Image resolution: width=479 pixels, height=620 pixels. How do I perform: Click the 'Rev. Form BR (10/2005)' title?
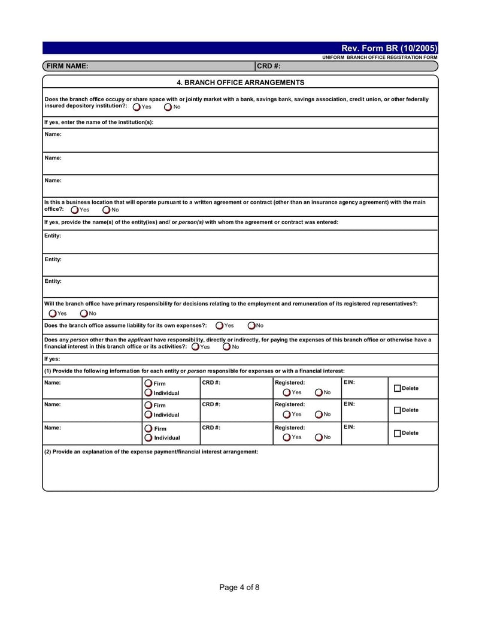389,48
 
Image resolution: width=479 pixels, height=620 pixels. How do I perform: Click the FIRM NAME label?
67,66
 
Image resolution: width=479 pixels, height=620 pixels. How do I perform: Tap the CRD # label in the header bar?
269,66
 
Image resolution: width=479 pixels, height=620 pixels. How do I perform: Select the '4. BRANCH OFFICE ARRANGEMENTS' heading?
240,83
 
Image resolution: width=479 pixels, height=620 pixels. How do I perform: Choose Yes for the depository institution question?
137,107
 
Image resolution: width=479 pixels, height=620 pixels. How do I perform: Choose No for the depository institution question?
168,107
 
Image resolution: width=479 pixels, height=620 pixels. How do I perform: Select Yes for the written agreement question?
75,210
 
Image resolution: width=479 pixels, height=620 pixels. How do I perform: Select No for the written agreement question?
107,210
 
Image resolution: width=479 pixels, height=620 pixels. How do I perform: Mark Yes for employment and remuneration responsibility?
53,313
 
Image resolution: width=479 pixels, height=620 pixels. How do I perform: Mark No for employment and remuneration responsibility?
84,313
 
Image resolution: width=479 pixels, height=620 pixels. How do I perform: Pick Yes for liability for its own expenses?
220,326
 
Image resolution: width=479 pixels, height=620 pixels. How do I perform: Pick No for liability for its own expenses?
251,326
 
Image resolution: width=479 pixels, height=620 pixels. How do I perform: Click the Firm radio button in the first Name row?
148,383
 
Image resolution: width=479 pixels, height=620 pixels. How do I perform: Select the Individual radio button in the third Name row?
148,438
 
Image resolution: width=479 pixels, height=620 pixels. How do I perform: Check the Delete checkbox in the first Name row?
398,389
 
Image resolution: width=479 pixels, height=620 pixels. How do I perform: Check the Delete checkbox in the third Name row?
398,433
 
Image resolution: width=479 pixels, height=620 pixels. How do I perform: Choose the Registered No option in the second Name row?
319,415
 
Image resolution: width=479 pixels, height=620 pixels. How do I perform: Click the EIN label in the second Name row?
349,404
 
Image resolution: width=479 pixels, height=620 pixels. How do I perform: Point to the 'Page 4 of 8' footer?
239,587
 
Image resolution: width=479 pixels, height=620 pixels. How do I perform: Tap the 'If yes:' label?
52,359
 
